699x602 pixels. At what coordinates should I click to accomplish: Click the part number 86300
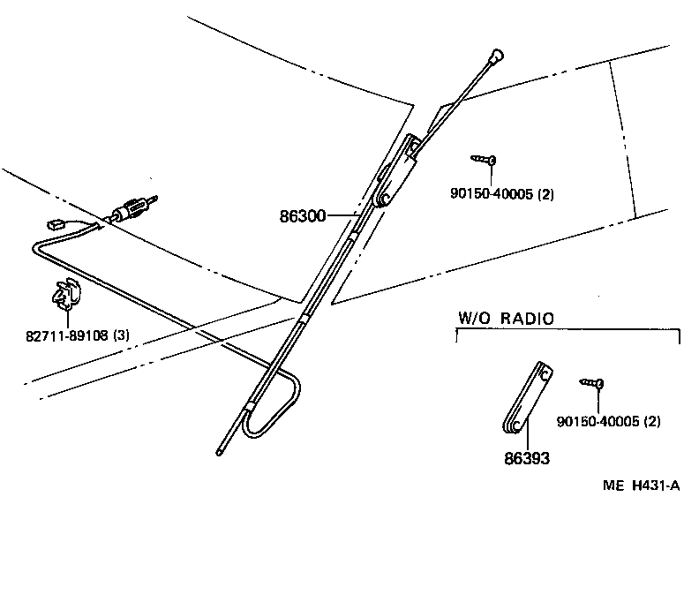302,214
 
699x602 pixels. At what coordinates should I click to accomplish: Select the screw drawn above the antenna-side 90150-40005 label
484,160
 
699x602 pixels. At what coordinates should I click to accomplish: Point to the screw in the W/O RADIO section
592,383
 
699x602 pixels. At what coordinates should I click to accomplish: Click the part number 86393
527,458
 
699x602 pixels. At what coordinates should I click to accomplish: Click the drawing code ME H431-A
642,485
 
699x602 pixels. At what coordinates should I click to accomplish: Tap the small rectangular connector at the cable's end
55,226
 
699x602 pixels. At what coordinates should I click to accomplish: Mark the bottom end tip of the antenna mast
219,451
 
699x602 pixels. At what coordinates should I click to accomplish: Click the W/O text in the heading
473,319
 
